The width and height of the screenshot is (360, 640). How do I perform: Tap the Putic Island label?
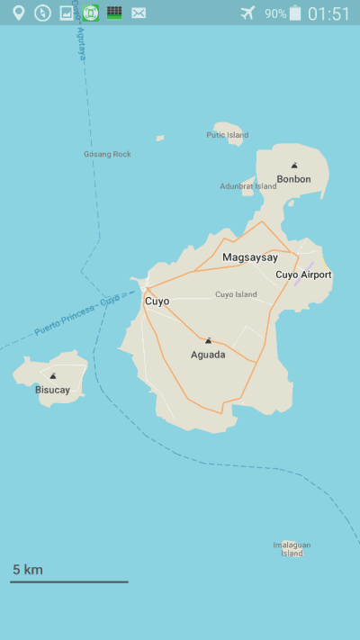pos(227,135)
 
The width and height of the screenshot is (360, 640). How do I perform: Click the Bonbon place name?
pos(293,179)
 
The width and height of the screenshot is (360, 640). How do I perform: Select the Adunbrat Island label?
pos(248,186)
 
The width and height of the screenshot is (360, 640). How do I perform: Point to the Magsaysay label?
pos(250,257)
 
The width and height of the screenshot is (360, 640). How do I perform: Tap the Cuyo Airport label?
pos(303,275)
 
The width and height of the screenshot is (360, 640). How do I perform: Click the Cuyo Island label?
pos(236,294)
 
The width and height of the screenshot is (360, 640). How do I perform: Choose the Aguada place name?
pos(208,355)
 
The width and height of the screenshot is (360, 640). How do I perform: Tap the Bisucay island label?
pos(52,390)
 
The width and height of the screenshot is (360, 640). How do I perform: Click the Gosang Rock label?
pos(107,154)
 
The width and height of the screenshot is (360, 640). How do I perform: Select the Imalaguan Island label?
pos(291,549)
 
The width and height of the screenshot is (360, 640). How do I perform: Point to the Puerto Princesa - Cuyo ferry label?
pos(76,316)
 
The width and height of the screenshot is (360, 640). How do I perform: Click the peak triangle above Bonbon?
pos(293,166)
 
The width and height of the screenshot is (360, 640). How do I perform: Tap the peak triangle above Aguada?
pos(208,341)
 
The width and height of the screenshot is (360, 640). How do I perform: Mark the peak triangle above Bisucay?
pos(53,376)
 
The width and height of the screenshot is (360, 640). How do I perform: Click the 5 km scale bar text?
pos(27,570)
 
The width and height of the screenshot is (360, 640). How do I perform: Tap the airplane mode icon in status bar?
pos(248,13)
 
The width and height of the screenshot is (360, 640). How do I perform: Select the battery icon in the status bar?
pos(295,13)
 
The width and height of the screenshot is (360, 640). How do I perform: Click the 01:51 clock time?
pos(328,14)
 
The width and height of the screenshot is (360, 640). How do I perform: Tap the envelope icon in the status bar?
pos(139,13)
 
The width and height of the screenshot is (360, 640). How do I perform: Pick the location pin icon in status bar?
pos(18,13)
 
